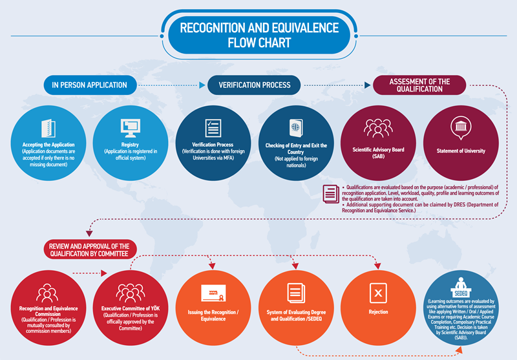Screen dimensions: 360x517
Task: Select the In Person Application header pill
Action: (x=90, y=85)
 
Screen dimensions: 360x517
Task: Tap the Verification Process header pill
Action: (x=255, y=85)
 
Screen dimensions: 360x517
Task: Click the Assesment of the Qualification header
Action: (x=419, y=85)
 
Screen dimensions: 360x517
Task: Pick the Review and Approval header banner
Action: (x=88, y=250)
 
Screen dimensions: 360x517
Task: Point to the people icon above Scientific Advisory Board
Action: (x=378, y=128)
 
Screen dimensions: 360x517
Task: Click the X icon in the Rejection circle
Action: (x=378, y=293)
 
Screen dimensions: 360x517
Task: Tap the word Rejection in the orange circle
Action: (x=378, y=312)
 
